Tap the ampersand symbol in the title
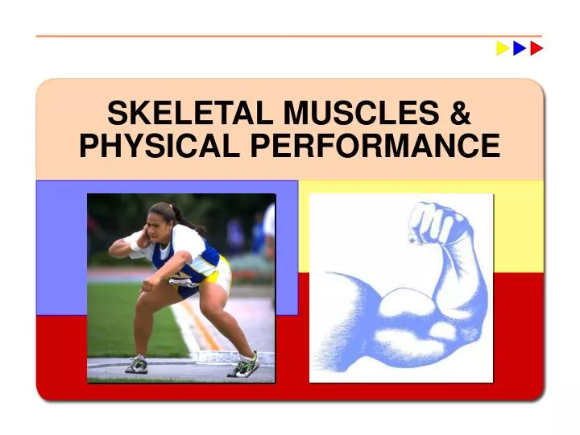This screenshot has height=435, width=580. [460, 112]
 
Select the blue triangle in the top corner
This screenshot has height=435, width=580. [520, 48]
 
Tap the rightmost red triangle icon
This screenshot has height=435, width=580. [536, 48]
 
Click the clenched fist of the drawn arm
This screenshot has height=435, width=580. [435, 221]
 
